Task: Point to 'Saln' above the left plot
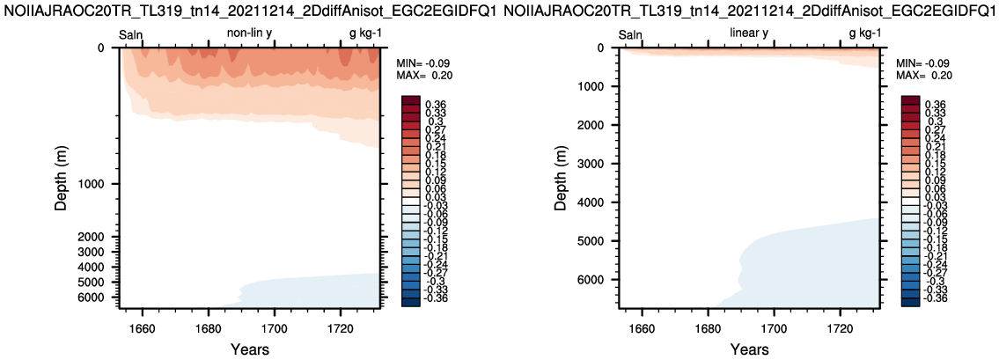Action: coord(132,33)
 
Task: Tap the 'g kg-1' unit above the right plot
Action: coord(865,33)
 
